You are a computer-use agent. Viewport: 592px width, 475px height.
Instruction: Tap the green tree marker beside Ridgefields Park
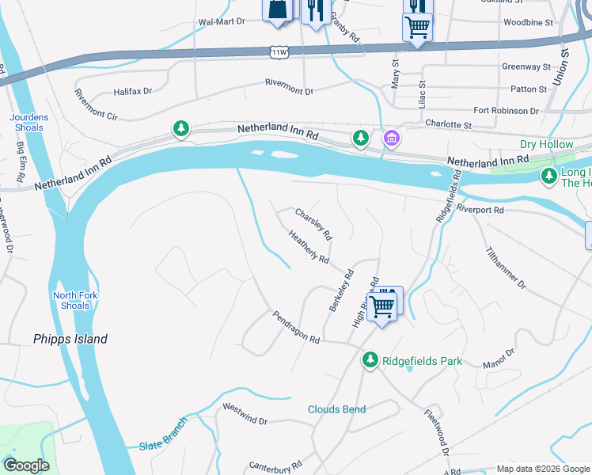point(370,360)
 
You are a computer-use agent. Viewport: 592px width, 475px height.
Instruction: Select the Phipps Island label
point(70,339)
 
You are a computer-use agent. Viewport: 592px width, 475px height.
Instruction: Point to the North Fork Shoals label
point(71,301)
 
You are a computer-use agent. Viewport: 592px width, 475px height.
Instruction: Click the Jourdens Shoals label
point(28,122)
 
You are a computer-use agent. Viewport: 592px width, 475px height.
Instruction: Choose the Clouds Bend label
point(336,409)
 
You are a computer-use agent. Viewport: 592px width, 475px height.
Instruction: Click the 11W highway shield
point(278,51)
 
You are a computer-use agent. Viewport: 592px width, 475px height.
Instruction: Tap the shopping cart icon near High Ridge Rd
point(383,304)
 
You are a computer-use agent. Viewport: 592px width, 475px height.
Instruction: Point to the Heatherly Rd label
point(309,247)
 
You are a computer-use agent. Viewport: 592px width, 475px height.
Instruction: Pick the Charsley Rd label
point(313,224)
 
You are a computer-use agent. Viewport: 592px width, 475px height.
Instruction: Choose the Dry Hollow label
point(545,144)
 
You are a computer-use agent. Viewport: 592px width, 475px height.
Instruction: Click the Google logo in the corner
point(26,465)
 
